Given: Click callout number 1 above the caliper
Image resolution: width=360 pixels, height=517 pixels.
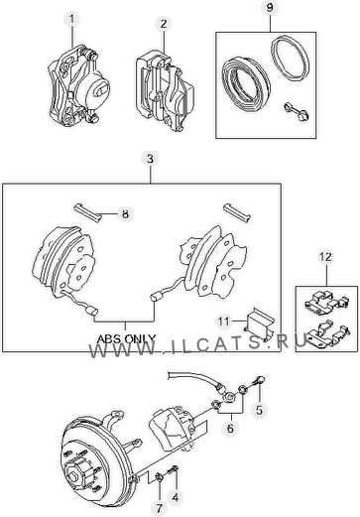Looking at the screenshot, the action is [x=72, y=19].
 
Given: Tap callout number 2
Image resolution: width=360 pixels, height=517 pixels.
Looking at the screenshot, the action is [x=164, y=24].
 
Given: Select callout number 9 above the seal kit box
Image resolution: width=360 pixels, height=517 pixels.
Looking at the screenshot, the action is [x=270, y=7].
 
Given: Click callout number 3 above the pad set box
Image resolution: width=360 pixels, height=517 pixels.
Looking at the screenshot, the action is [x=151, y=159].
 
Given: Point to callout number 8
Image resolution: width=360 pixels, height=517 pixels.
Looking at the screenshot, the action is [x=125, y=213].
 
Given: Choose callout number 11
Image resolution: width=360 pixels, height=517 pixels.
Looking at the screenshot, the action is [x=223, y=321].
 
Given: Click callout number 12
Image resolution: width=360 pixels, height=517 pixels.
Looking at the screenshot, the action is [x=325, y=257].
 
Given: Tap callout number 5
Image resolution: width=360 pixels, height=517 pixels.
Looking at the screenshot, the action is [x=259, y=410].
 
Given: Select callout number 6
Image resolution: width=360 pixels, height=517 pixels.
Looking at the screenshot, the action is [x=230, y=428].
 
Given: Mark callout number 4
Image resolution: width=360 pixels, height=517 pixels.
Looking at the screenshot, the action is [x=175, y=497].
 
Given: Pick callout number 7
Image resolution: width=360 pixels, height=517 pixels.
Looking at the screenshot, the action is [x=160, y=507].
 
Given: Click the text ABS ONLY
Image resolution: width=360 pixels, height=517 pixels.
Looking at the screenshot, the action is [x=126, y=338].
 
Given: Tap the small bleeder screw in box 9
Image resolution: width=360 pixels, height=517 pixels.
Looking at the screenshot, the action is [x=297, y=112].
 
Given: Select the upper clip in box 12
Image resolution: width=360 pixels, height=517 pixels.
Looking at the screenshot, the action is [x=326, y=303].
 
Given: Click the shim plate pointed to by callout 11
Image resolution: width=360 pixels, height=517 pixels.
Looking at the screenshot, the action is [x=260, y=324].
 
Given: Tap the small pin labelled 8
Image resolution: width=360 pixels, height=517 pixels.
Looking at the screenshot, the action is [x=87, y=212].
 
